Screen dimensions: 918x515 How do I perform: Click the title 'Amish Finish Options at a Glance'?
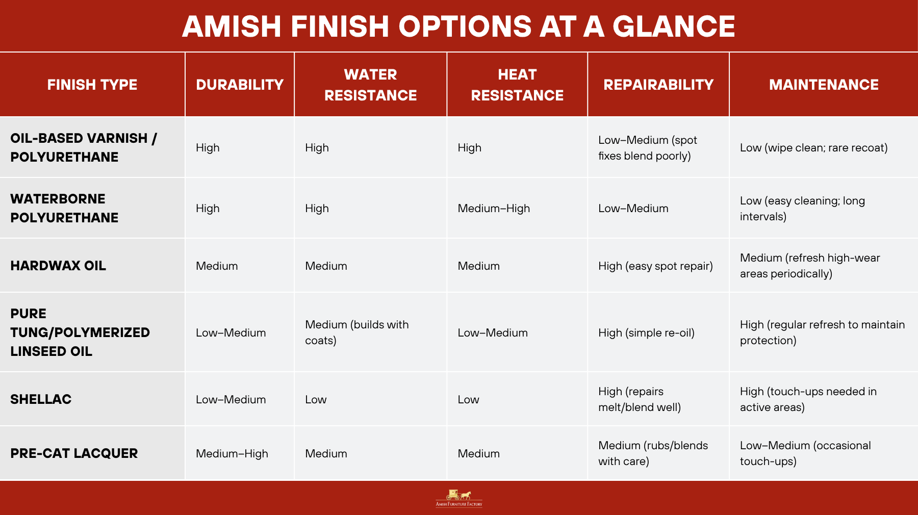pos(458,26)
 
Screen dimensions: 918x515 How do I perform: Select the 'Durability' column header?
pos(240,85)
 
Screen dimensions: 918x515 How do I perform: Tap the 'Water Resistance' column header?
pos(371,85)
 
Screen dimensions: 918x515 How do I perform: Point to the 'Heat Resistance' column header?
pos(517,85)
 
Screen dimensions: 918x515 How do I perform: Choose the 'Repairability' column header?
pos(658,85)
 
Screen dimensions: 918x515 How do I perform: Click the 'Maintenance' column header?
pos(824,85)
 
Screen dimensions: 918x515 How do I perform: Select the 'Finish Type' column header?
pos(92,85)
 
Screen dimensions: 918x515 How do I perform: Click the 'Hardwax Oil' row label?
pos(58,266)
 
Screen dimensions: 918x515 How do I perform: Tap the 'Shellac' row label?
pos(41,399)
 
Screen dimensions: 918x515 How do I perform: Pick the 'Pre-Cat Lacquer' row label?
pos(74,453)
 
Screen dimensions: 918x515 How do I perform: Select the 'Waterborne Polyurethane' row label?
pos(64,208)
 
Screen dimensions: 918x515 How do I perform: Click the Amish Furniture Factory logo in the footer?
pos(459,498)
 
